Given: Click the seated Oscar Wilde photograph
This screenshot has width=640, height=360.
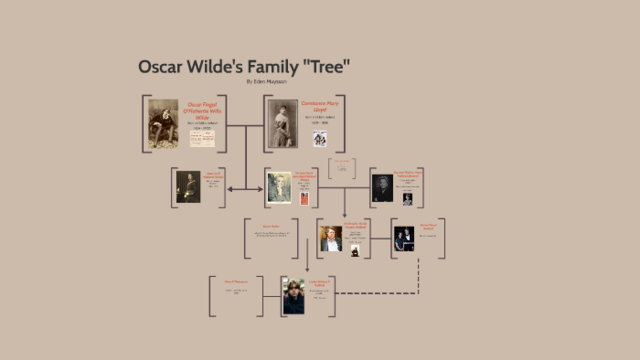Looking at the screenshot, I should [162, 125].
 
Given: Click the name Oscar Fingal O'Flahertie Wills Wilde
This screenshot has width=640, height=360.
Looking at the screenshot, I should [203, 110].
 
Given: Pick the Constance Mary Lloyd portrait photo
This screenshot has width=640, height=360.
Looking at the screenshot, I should [282, 124].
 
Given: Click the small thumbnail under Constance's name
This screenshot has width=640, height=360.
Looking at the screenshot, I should [320, 139].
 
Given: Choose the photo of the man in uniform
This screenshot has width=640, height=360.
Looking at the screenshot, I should [188, 187].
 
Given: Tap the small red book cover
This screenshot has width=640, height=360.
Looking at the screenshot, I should [304, 198].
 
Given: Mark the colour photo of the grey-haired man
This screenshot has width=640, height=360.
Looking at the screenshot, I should [331, 239].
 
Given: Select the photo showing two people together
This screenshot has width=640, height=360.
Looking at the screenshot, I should [404, 239].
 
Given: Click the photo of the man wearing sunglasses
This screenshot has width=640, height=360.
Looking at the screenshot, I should [293, 296].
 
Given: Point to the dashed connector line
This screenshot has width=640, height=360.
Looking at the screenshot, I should [370, 294].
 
